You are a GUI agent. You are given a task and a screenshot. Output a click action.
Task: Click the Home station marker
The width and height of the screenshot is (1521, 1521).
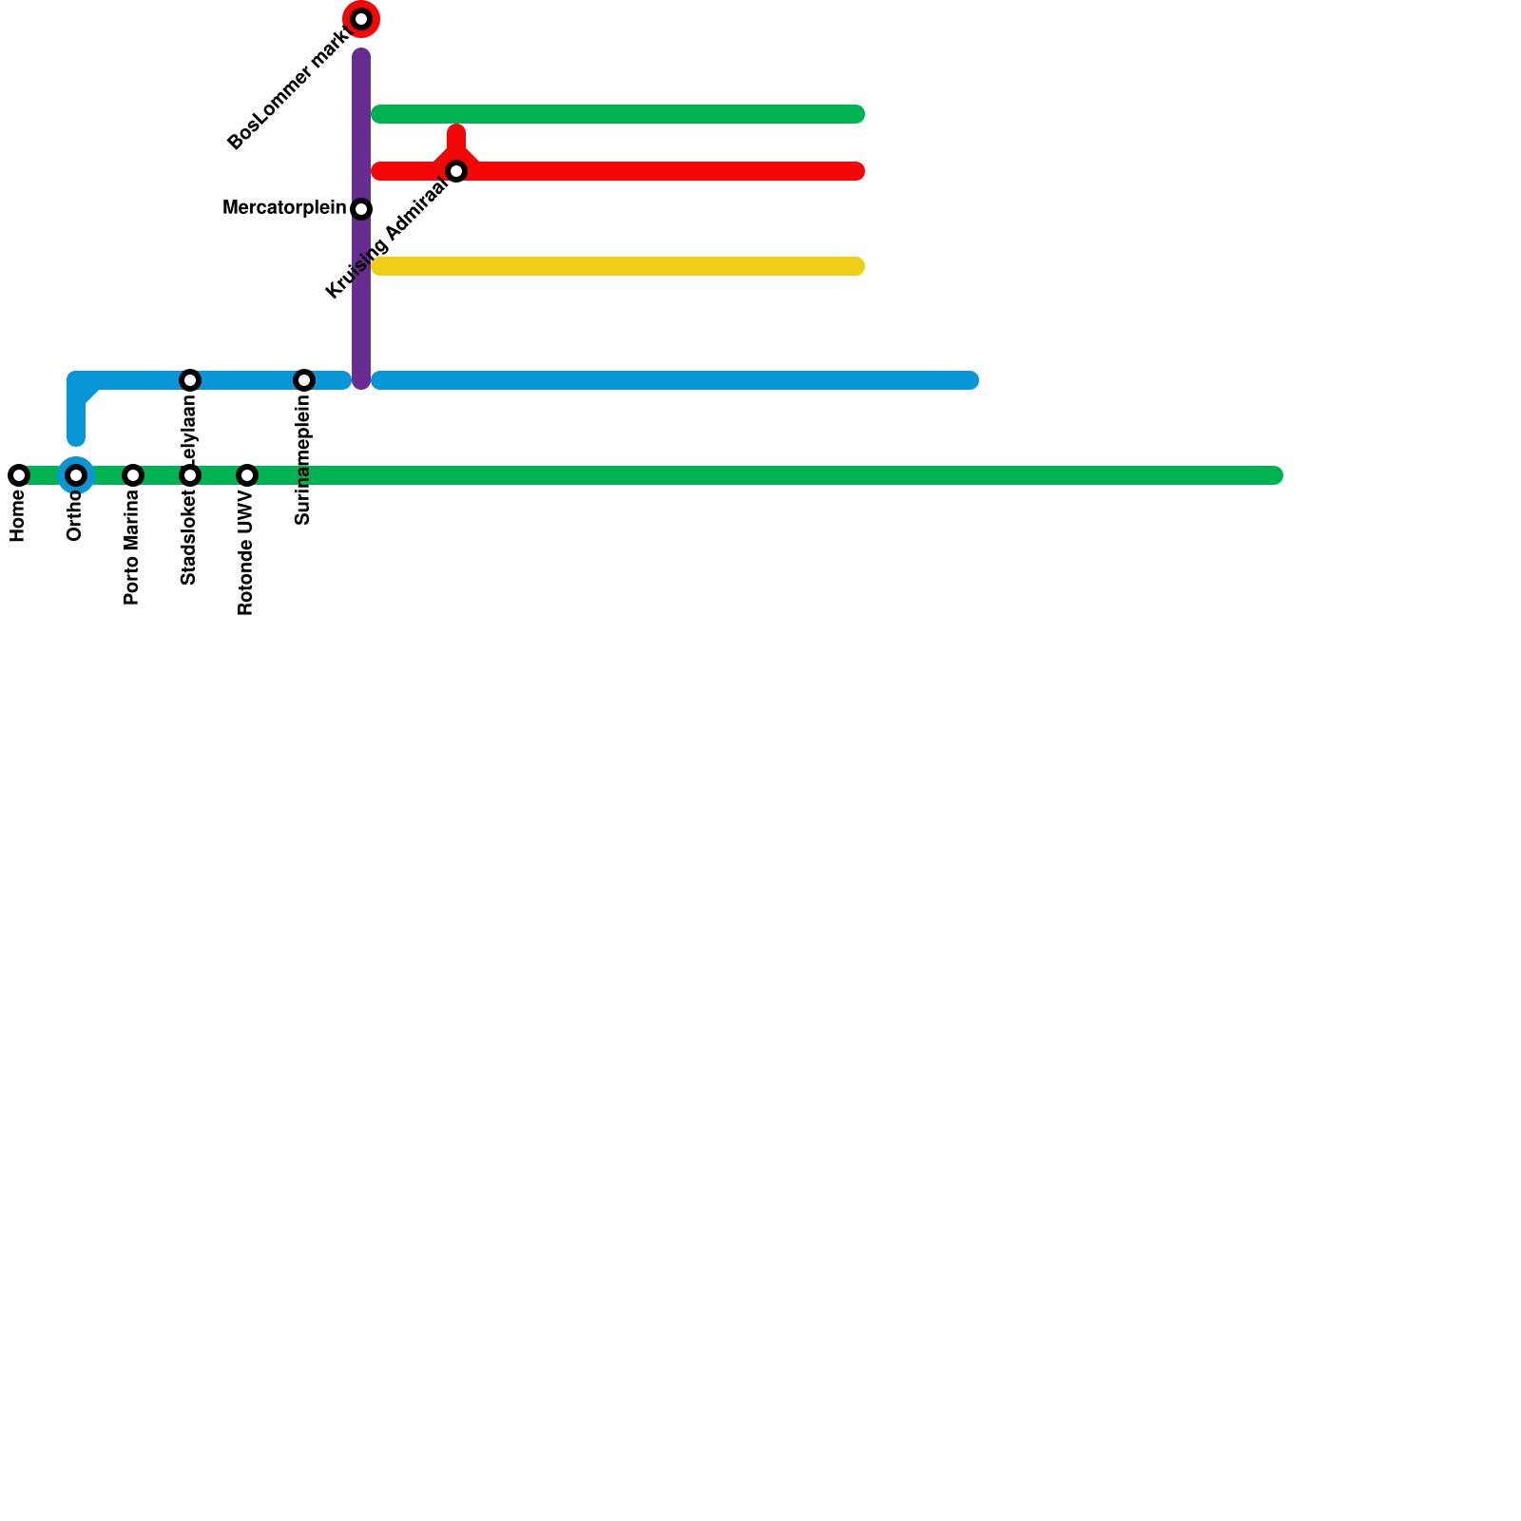pos(19,475)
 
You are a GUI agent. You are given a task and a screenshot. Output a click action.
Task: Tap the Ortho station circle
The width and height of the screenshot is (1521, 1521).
pos(76,475)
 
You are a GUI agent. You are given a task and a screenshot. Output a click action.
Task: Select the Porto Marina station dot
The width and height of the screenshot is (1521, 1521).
pos(133,475)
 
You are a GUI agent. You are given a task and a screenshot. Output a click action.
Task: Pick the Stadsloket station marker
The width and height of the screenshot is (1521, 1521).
pos(190,475)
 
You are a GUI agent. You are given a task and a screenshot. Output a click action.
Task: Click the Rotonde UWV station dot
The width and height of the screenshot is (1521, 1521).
pos(247,475)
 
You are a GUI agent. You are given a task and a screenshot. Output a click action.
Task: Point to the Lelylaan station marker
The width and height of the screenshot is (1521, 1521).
pos(190,380)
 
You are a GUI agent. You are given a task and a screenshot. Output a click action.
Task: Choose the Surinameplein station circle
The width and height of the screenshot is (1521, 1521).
pos(304,380)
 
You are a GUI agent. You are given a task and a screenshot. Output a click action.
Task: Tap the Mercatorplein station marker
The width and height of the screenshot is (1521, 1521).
pos(361,209)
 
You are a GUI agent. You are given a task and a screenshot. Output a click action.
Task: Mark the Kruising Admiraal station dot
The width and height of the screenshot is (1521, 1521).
pos(456,171)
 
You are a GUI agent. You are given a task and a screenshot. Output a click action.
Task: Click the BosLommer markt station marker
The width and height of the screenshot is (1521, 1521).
pos(361,19)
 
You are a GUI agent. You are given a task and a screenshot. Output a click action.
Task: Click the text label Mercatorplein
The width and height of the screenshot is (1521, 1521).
pos(284,208)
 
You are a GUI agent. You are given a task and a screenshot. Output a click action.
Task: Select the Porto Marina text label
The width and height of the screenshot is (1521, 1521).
pos(132,549)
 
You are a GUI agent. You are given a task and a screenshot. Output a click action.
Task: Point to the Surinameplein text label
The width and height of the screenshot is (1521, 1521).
pos(303,460)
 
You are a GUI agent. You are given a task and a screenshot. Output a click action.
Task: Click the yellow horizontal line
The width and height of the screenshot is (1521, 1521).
pos(618,266)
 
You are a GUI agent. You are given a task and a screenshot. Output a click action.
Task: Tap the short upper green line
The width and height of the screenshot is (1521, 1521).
pos(618,114)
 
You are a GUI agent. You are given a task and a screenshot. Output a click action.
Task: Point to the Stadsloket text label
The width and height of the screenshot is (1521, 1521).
pos(189,538)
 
